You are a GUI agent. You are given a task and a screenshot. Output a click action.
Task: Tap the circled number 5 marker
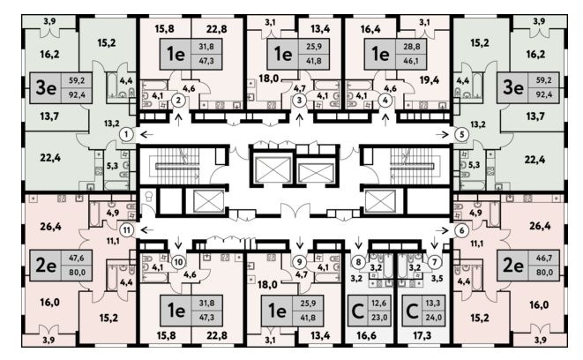coord(460,135)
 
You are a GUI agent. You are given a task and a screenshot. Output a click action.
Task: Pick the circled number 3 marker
coord(299,101)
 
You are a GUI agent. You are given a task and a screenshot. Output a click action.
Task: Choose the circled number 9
coord(299,261)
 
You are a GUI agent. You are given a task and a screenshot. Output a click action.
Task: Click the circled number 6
coord(460,230)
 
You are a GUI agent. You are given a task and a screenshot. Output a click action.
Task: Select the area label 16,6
coord(365,336)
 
